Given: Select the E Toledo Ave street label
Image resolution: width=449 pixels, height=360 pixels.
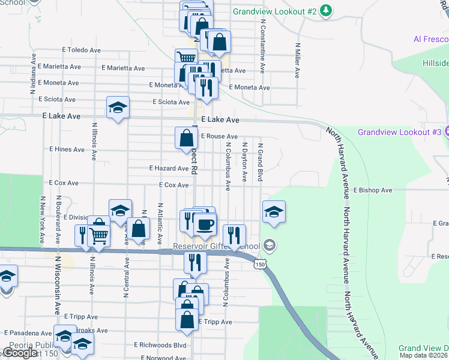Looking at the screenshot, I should pos(80,50).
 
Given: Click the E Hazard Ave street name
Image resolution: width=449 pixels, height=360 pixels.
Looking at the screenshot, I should pos(169,169).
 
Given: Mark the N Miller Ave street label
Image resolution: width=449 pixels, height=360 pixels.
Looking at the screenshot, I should pos(297,60).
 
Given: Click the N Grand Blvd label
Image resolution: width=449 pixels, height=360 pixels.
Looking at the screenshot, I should pos(261,163).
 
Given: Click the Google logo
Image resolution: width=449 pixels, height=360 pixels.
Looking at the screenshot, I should pos(20,353).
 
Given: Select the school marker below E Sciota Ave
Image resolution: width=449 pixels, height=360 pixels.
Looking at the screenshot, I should pos(118,108).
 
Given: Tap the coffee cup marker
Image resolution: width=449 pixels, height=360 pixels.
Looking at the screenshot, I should pos(205,224).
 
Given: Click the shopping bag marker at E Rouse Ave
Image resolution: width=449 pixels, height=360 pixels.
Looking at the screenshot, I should pos(186,138).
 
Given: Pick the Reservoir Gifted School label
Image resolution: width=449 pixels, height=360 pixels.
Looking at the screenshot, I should pos(217,246).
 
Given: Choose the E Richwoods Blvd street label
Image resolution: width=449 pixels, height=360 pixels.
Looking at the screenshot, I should pos(160,345).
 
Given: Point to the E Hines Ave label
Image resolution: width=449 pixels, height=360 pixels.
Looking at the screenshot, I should pos(67,149).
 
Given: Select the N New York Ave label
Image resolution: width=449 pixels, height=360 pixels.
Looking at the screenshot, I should pos(41,218).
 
